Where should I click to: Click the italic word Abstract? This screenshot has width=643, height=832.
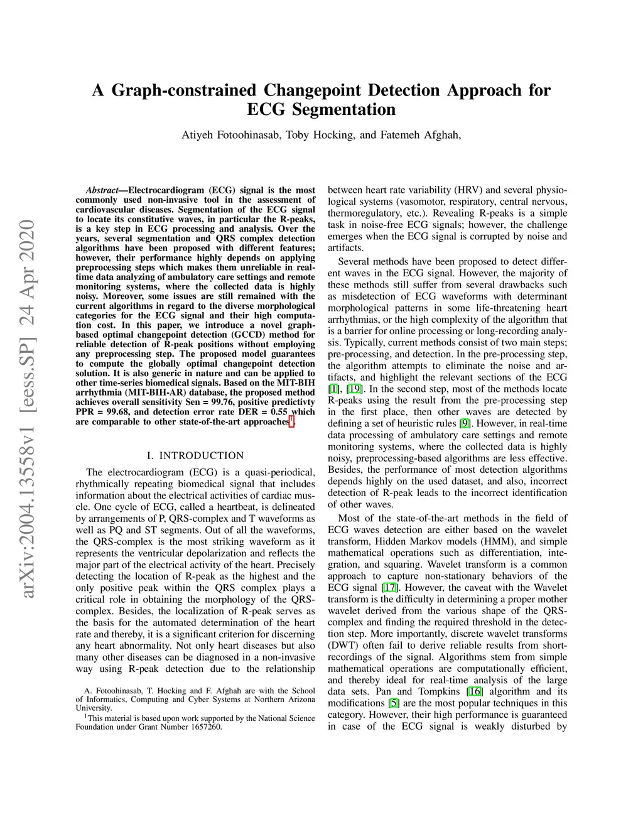[x=102, y=190]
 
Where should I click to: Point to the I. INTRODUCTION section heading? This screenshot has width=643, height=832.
[x=195, y=456]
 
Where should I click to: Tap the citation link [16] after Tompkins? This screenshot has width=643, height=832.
[x=475, y=691]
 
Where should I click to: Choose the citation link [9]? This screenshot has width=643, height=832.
[x=465, y=423]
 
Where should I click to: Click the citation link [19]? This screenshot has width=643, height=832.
[x=354, y=389]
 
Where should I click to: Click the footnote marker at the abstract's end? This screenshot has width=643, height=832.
[x=291, y=420]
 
